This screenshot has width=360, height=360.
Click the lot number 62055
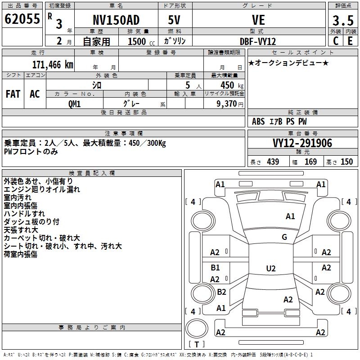(x=22, y=19)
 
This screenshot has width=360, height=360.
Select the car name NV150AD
(x=116, y=20)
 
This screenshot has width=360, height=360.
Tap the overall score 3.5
(x=343, y=20)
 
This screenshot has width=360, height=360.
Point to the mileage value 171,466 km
(x=53, y=65)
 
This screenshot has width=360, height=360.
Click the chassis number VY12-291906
(x=302, y=143)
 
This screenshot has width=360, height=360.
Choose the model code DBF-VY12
(x=258, y=41)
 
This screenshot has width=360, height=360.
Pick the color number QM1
(x=74, y=104)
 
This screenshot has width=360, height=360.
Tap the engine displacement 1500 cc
(x=141, y=41)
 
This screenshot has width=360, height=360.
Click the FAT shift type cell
(x=13, y=94)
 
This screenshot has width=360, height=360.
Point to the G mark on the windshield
(x=284, y=237)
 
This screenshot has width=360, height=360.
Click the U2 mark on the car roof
(x=271, y=268)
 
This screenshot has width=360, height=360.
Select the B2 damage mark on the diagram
(x=221, y=292)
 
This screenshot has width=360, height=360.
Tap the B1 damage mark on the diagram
(x=216, y=267)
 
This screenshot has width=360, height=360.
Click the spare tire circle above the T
(x=197, y=328)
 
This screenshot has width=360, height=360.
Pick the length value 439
(x=273, y=162)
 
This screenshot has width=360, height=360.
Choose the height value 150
(x=346, y=162)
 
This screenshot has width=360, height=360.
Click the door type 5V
(x=174, y=20)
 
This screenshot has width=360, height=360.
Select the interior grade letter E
(x=350, y=41)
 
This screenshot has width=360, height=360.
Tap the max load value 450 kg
(x=232, y=85)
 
